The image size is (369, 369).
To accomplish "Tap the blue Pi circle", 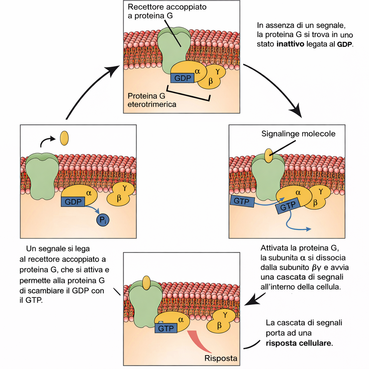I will tap(102, 219).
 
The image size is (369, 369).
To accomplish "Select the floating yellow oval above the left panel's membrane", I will tap(64, 138).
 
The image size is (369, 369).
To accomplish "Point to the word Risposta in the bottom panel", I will tap(221, 358).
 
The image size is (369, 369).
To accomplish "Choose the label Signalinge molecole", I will tap(298, 134).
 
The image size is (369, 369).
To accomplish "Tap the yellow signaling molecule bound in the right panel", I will tap(268, 155).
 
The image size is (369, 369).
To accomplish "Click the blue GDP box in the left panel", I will tap(73, 202).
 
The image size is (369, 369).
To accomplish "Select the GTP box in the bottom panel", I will tap(166, 328).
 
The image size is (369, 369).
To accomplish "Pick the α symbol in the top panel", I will tap(197, 71).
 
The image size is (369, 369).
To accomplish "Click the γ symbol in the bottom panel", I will tap(225, 315).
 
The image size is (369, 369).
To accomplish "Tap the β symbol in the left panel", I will tap(119, 198).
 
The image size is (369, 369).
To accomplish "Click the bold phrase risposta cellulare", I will tap(299, 343).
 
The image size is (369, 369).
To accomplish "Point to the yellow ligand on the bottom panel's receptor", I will tap(146, 283).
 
